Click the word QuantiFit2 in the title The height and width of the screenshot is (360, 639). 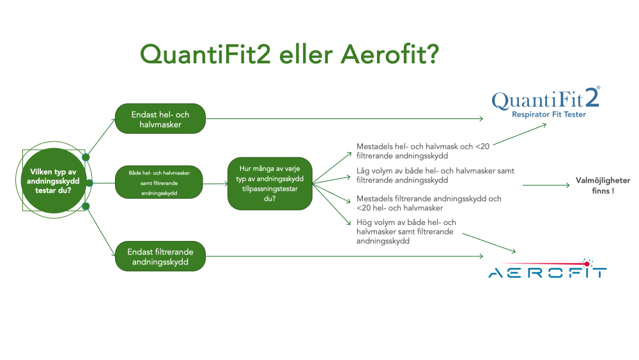[205, 54]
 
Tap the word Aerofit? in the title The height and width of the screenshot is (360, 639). [390, 54]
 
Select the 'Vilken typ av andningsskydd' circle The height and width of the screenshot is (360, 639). [54, 180]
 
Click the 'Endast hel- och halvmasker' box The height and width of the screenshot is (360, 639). [160, 119]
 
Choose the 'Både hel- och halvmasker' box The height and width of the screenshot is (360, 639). [159, 182]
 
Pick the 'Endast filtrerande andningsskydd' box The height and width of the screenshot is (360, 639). [160, 256]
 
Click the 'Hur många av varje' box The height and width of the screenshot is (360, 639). [270, 184]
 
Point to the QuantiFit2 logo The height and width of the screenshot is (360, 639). [546, 102]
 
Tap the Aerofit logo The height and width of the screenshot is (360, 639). [548, 268]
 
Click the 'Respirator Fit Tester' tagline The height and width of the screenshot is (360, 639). [549, 114]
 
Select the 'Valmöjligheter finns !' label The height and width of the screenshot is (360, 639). [603, 185]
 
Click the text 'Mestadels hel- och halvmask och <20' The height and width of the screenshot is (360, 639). [423, 146]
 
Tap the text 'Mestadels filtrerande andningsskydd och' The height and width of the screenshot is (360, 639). [429, 199]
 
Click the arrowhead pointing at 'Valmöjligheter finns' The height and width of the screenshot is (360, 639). [567, 185]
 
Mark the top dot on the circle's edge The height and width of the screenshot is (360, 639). [86, 157]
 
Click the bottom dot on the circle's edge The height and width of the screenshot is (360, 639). [86, 207]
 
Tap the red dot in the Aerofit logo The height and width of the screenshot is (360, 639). [587, 264]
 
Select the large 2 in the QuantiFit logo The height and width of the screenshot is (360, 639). [592, 97]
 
